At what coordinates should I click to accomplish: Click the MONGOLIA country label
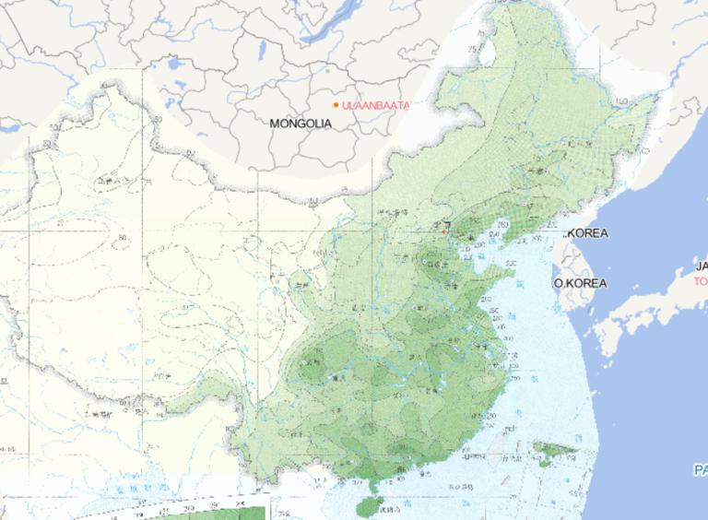(x=301, y=123)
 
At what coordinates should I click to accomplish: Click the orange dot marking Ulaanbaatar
(x=336, y=105)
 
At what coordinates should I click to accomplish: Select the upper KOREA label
(x=587, y=233)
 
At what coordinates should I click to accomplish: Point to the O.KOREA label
(x=580, y=283)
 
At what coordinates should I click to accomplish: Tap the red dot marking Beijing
(x=443, y=231)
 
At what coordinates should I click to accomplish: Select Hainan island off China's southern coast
(x=368, y=502)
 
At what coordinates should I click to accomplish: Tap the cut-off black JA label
(x=701, y=266)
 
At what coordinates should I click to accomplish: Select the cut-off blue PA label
(x=701, y=470)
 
